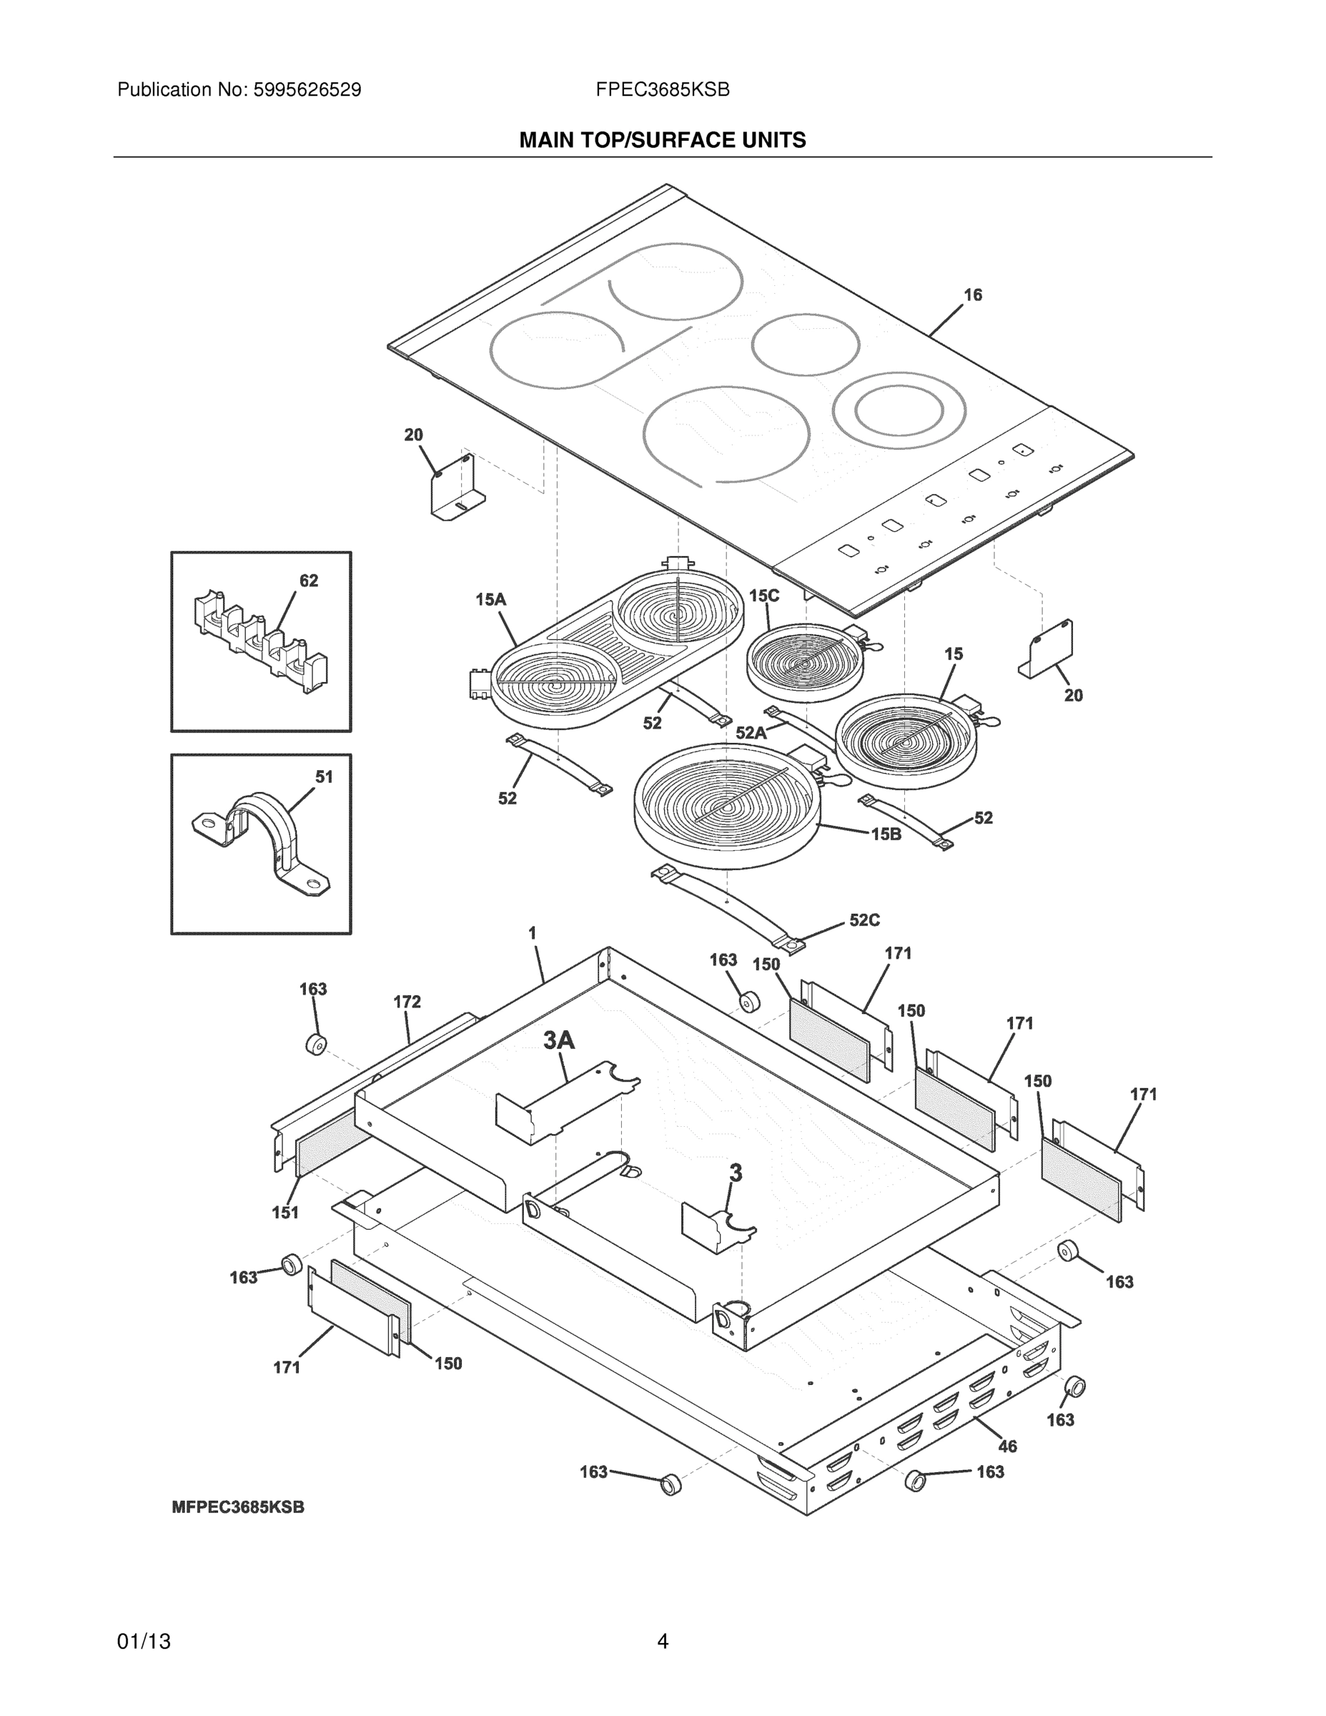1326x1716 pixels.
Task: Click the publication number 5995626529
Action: click(x=307, y=90)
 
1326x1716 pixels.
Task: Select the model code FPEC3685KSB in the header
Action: click(x=662, y=90)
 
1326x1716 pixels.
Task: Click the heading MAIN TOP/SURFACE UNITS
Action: click(x=662, y=141)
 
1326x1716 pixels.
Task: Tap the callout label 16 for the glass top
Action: click(x=972, y=295)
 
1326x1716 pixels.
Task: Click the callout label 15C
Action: click(x=763, y=596)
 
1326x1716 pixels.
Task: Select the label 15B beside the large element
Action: click(x=886, y=834)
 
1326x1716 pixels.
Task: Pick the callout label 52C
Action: click(x=864, y=920)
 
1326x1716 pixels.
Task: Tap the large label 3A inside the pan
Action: click(x=559, y=1041)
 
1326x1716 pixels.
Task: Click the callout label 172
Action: click(x=407, y=1002)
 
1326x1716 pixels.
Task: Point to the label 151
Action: click(x=285, y=1213)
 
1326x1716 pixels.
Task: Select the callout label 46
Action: click(x=1007, y=1446)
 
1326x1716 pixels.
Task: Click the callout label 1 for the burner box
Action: click(x=533, y=933)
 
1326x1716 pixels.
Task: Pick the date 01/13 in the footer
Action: click(x=144, y=1642)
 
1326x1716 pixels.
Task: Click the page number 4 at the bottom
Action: click(x=662, y=1642)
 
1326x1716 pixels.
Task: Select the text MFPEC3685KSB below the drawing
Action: click(x=238, y=1508)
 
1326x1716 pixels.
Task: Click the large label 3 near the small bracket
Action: click(x=736, y=1174)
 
